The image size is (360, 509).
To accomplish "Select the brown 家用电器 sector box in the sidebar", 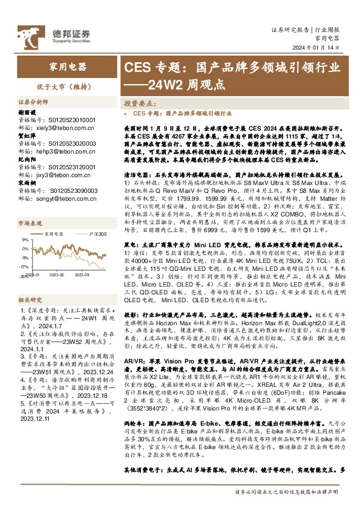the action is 67,67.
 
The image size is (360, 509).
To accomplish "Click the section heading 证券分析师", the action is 33,103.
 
